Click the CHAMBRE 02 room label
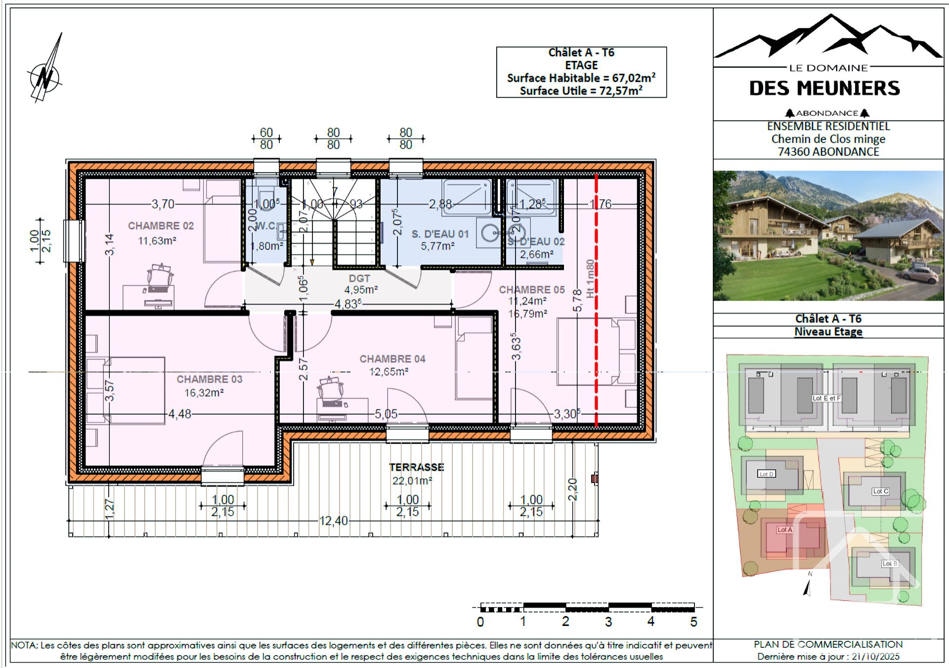(161, 226)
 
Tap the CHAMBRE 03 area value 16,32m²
(204, 393)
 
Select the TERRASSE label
(416, 467)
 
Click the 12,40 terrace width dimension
(334, 521)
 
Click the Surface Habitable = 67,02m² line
(581, 78)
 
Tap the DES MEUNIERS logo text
(824, 89)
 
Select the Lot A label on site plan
(784, 530)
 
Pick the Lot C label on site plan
(880, 491)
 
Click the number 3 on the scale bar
(608, 622)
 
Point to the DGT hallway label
(359, 278)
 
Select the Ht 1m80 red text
(590, 278)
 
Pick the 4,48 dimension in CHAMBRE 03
(180, 414)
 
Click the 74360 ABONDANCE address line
(828, 152)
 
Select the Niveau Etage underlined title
(828, 332)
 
